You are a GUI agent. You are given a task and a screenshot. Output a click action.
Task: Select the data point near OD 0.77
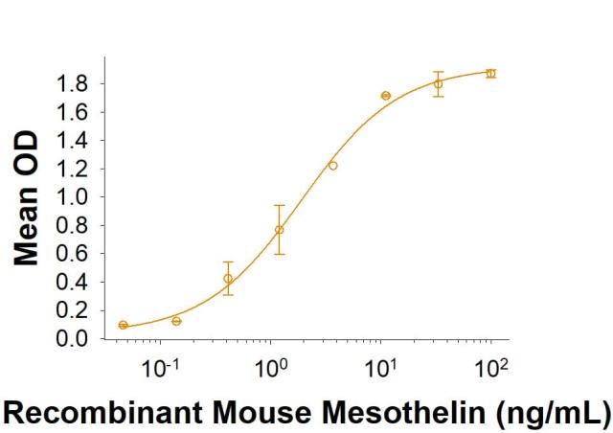[x=280, y=230]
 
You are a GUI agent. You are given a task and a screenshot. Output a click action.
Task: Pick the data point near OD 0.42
[x=228, y=279]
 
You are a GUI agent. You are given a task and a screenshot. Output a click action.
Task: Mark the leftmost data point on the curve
[x=123, y=325]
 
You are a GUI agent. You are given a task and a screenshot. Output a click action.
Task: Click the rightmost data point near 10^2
[x=490, y=74]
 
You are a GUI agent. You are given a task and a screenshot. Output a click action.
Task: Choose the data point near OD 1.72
[x=386, y=96]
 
